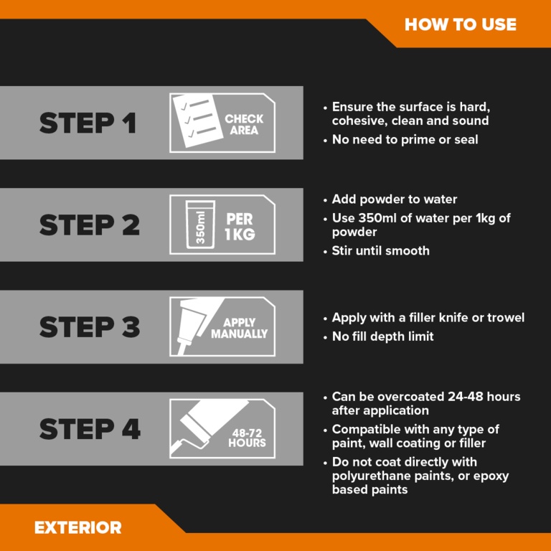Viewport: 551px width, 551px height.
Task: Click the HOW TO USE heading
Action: pyautogui.click(x=461, y=24)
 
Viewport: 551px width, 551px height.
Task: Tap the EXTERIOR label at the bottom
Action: pyautogui.click(x=78, y=527)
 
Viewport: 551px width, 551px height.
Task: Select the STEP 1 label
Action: pyautogui.click(x=88, y=123)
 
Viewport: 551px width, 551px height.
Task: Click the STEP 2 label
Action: pyautogui.click(x=90, y=225)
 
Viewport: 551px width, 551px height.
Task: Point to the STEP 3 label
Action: pyautogui.click(x=90, y=327)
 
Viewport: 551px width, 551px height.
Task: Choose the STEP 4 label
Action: pyautogui.click(x=90, y=429)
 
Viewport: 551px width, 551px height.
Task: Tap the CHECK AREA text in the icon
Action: pyautogui.click(x=244, y=124)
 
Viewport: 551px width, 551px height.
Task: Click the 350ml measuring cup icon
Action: pyautogui.click(x=200, y=225)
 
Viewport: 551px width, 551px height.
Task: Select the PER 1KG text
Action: pyautogui.click(x=240, y=227)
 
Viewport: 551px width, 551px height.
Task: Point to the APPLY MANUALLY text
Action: pyautogui.click(x=240, y=328)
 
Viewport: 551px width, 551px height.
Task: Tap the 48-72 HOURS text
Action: pyautogui.click(x=247, y=438)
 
